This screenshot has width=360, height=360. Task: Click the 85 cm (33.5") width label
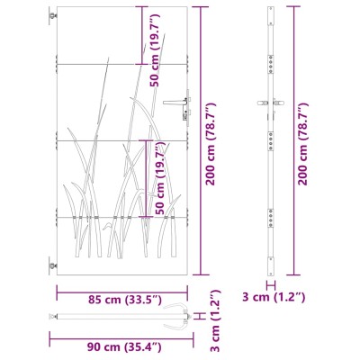tap(125, 300)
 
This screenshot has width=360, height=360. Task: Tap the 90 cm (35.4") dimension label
tap(124, 347)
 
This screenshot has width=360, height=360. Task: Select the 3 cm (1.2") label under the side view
tap(274, 297)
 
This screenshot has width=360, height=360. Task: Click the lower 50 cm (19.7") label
tap(161, 178)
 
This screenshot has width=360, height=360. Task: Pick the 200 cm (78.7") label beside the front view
tap(211, 144)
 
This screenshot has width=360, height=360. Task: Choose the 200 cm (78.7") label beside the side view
tap(302, 144)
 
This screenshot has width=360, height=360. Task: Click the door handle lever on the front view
tap(174, 103)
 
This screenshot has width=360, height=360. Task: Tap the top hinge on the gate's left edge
tap(53, 16)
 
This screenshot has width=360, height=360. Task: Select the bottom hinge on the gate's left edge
tap(53, 265)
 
